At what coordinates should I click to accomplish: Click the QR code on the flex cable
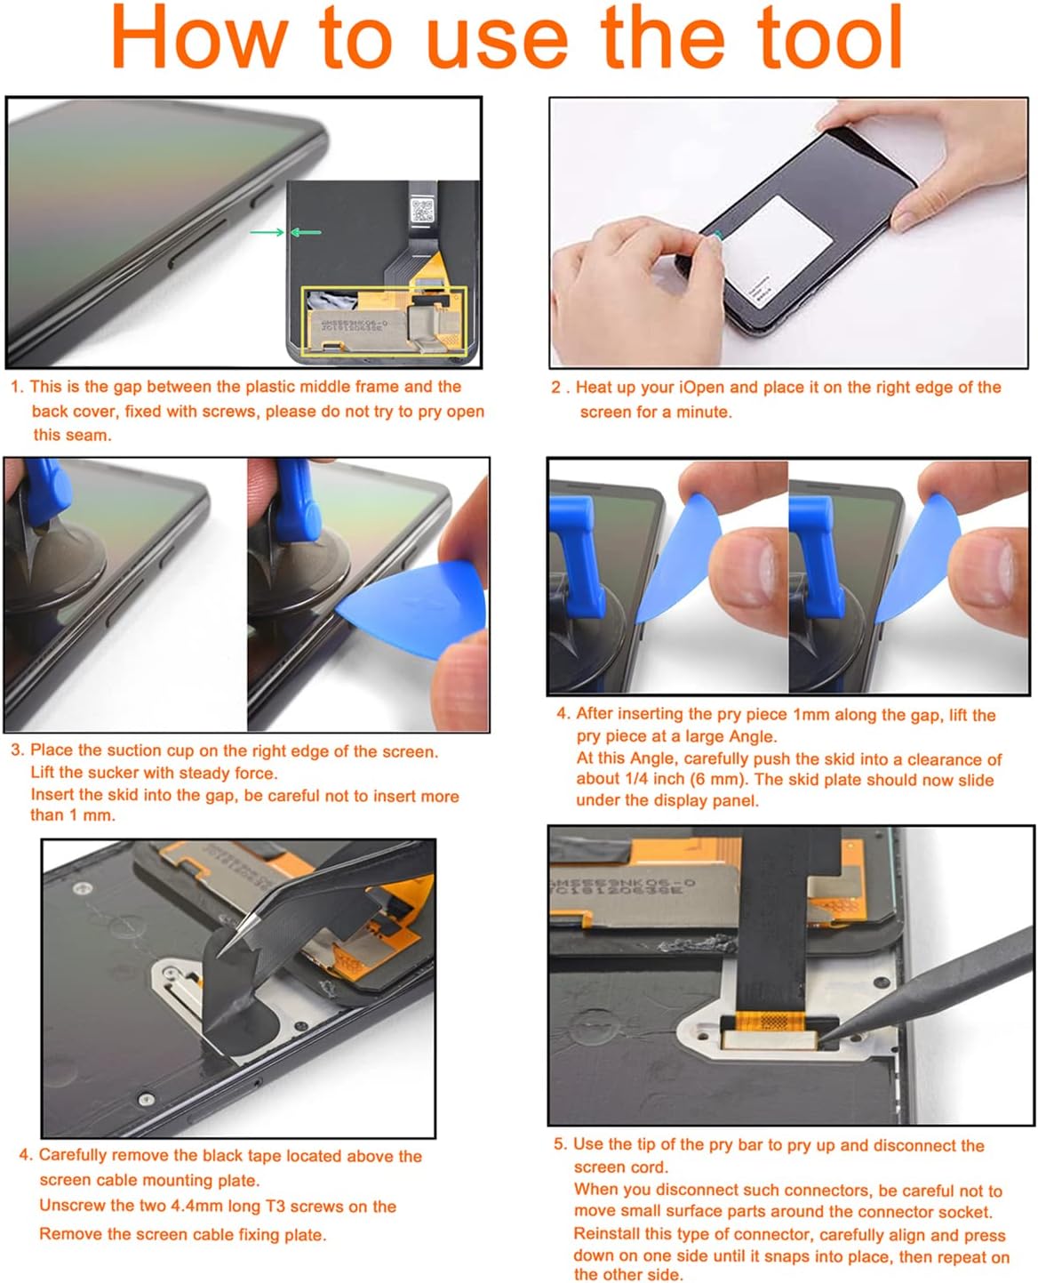[x=422, y=212]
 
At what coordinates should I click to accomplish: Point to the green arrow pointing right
[x=266, y=233]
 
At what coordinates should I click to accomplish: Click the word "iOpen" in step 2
[x=701, y=388]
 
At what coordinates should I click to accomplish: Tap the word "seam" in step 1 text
[x=90, y=435]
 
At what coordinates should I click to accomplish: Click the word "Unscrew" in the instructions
[x=75, y=1207]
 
